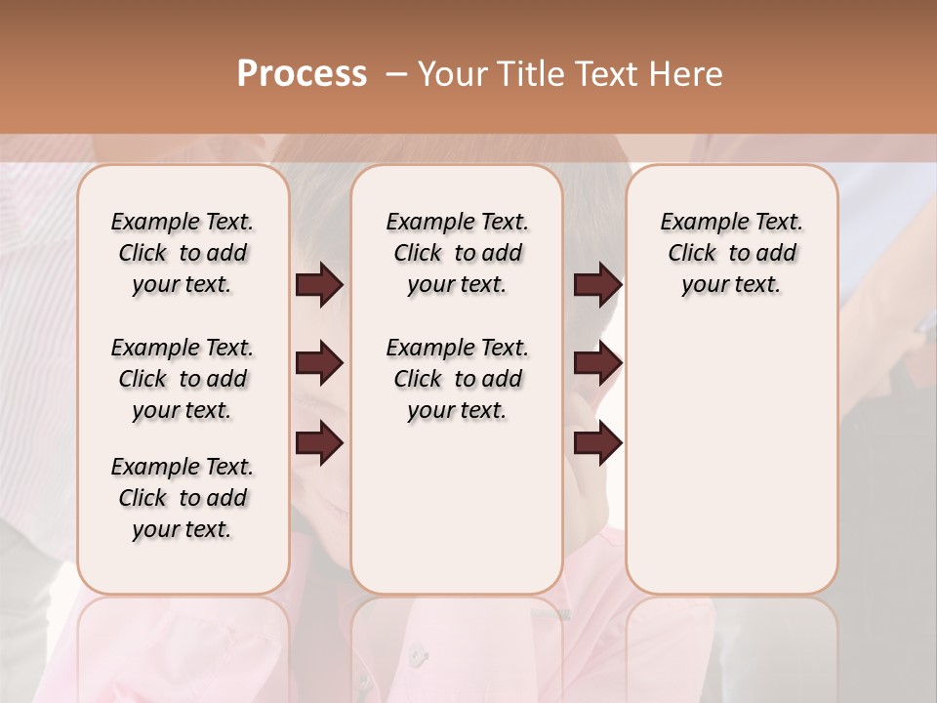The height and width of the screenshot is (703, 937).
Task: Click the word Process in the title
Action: [302, 74]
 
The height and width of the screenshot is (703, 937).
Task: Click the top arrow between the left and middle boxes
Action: [319, 284]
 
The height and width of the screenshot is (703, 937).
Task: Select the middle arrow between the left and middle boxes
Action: [319, 364]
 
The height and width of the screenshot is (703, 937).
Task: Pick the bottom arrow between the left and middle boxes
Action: [319, 442]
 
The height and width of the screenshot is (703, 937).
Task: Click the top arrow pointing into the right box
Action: [597, 284]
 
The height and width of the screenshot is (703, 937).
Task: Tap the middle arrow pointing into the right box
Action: [597, 364]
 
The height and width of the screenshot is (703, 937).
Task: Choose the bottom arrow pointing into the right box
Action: [597, 442]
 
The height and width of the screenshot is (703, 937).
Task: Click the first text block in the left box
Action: [183, 253]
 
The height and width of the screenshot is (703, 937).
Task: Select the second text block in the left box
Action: [183, 379]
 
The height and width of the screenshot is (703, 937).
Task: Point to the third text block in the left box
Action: [183, 498]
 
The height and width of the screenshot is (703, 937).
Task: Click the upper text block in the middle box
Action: [457, 253]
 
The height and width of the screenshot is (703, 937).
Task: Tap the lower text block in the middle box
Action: [457, 379]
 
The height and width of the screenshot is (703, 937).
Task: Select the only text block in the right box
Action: [732, 253]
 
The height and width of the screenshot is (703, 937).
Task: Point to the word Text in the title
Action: [606, 74]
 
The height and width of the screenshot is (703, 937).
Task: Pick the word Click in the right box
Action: [692, 253]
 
